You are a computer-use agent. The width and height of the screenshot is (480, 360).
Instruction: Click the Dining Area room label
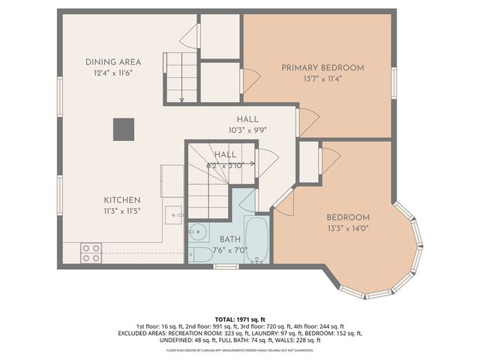pos(113,61)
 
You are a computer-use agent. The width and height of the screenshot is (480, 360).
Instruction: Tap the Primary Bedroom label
pos(322,67)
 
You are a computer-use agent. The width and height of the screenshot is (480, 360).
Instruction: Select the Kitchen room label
pos(122,200)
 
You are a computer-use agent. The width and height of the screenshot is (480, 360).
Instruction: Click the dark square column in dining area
pos(124,130)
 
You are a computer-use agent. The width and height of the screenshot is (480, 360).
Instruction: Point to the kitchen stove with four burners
pos(91,253)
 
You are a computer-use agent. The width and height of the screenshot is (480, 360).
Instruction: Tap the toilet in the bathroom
pos(201,253)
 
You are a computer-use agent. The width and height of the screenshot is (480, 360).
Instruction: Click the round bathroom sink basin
pos(199,231)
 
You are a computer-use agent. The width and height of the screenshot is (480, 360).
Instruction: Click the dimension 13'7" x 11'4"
pos(322,78)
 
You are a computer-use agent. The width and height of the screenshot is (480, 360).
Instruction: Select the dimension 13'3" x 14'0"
pos(348,228)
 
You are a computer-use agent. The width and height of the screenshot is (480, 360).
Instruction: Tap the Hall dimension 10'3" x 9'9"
pos(247,130)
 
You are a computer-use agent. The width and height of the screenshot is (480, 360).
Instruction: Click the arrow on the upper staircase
pos(181,97)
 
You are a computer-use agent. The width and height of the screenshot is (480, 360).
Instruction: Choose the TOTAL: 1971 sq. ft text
pos(240,319)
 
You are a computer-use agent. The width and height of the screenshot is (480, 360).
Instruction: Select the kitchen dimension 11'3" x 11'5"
pos(122,211)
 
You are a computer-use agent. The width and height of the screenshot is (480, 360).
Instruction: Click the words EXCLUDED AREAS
pos(146,333)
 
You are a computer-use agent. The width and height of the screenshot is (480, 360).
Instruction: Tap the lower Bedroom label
pos(348,217)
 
